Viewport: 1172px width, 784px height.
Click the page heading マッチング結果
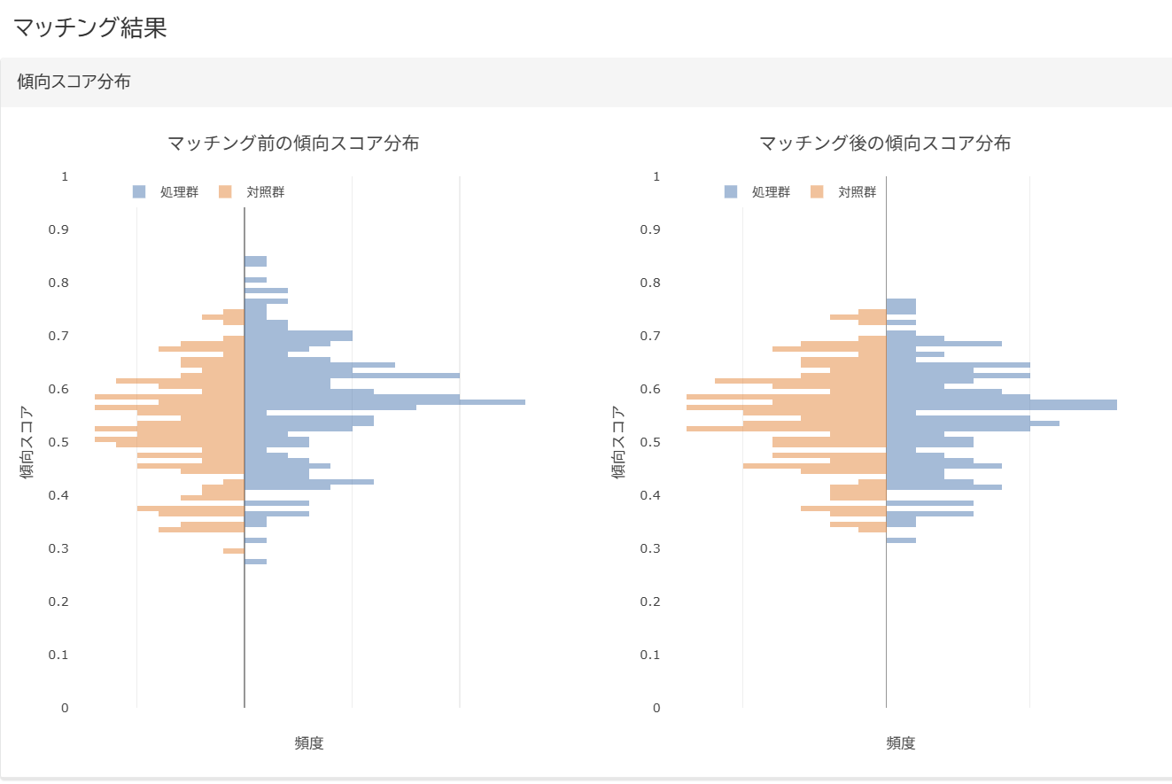89,27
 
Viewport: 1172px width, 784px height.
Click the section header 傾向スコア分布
74,82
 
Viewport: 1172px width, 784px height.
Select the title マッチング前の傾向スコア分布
293,143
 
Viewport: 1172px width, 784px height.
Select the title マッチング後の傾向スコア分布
885,143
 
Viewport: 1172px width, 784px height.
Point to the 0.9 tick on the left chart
58,229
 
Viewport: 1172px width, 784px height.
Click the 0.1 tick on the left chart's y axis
58,655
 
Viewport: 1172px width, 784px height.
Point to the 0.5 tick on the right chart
650,442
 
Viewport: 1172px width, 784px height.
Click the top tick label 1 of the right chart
656,176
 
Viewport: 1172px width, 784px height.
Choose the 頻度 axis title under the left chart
309,743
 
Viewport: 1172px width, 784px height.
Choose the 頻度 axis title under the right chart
901,743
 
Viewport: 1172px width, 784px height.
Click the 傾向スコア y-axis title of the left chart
27,442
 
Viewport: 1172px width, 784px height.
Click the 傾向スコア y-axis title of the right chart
619,442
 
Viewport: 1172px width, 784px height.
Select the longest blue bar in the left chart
384,402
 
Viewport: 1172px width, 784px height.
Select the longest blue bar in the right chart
1001,405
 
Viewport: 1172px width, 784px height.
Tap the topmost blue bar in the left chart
255,261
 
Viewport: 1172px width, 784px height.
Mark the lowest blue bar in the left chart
255,562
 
